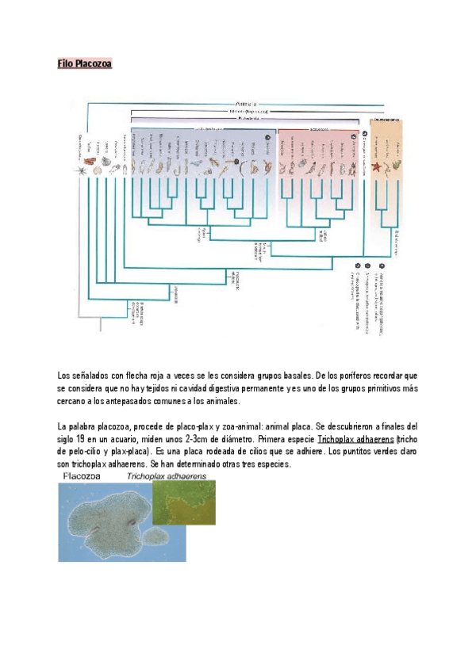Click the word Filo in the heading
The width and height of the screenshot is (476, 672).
[x=66, y=63]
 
